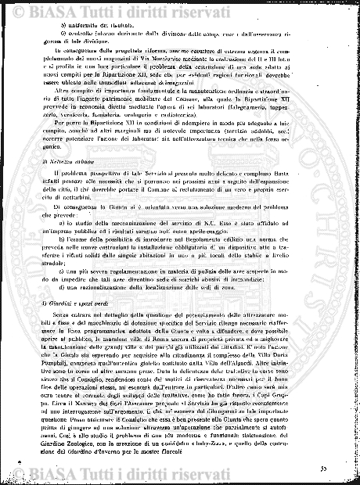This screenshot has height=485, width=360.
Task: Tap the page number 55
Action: pyautogui.click(x=323, y=468)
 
